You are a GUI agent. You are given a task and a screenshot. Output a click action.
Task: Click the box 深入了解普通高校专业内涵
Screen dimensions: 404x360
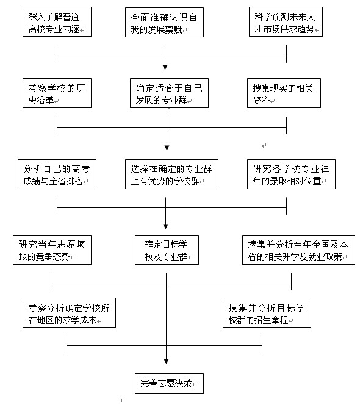tap(56, 21)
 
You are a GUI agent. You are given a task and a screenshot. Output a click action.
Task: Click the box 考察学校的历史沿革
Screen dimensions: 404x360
tap(56, 93)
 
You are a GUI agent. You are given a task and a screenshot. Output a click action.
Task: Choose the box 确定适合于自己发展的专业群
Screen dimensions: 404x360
tap(166, 93)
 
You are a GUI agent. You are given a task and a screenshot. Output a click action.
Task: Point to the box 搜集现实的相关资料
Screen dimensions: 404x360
tap(286, 93)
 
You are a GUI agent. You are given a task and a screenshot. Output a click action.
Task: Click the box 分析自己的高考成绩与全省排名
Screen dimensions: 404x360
tap(56, 174)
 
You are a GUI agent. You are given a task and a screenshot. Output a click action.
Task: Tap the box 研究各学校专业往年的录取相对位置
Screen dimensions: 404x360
tap(291, 174)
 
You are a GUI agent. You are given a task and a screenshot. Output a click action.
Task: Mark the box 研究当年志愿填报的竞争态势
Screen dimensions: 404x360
tap(52, 250)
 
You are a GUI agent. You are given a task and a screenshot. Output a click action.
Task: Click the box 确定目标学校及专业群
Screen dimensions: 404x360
tap(167, 250)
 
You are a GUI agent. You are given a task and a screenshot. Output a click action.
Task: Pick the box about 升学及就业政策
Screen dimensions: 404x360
tap(298, 250)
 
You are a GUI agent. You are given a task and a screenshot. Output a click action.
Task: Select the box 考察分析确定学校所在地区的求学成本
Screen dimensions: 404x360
tap(68, 312)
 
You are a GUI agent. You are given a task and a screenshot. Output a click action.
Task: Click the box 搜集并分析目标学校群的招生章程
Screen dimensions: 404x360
tap(266, 312)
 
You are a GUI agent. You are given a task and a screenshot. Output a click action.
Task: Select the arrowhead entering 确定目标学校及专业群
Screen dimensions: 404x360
tap(166, 231)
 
